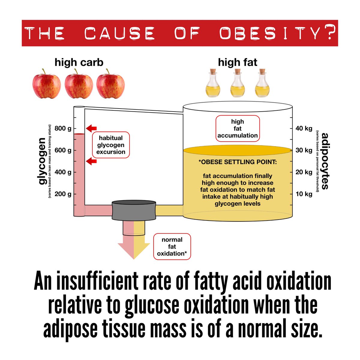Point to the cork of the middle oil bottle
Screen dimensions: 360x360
coord(238,72)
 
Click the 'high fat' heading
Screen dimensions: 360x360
coord(238,62)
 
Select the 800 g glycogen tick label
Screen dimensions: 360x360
coord(63,129)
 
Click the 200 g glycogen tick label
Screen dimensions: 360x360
coord(63,194)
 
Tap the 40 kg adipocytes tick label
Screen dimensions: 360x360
coord(304,128)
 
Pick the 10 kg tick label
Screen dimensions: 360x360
coord(304,194)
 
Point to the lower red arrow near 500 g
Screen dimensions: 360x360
coord(91,162)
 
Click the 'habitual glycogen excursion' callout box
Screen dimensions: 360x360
coord(111,145)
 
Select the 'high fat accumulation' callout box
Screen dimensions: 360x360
coord(237,128)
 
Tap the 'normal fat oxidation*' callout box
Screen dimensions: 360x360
coord(172,247)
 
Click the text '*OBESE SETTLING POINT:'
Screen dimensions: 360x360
coord(238,162)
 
